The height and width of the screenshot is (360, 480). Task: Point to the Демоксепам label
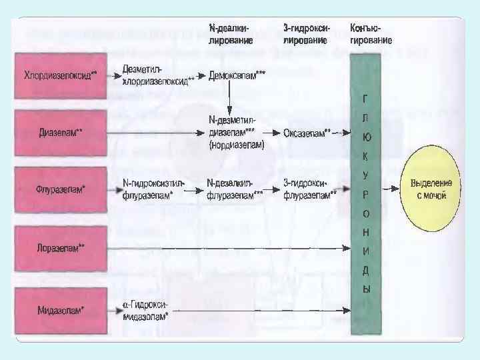point(237,75)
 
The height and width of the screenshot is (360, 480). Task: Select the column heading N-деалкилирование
point(229,34)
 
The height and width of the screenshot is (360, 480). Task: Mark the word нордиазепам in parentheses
point(237,145)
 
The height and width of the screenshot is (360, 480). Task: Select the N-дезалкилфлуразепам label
point(235,189)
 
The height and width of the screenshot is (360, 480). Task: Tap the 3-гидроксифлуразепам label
point(310,189)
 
